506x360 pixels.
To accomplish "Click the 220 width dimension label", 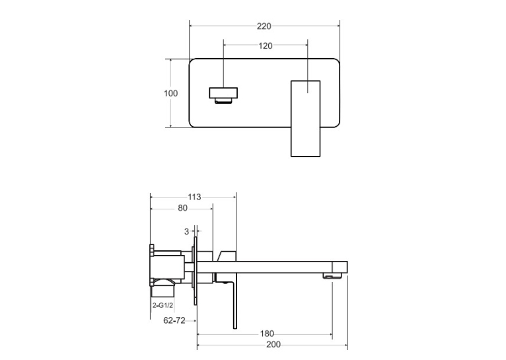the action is (x=264, y=26).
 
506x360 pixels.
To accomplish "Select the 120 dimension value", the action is (x=266, y=46).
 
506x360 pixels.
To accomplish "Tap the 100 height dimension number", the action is (x=170, y=93).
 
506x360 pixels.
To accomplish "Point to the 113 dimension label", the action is (x=194, y=197).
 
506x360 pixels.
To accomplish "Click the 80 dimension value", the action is (x=183, y=208).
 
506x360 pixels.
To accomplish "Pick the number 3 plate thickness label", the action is (x=186, y=231).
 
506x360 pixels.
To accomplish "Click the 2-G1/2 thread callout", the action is (x=163, y=305).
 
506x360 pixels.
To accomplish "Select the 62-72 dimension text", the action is (x=174, y=320).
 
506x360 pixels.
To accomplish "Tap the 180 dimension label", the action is (x=267, y=334).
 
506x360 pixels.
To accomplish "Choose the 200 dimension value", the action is (x=273, y=345).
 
